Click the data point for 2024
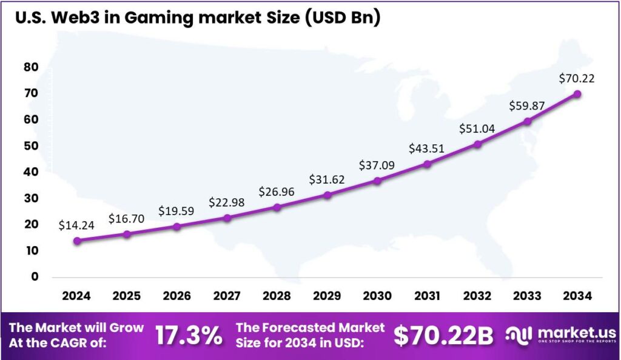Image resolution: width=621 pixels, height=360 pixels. [76, 241]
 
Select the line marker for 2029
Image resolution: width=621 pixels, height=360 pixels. [327, 195]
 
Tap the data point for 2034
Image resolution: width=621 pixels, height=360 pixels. [577, 94]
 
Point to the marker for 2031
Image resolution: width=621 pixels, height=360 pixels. [428, 164]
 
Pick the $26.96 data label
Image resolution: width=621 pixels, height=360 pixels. [277, 192]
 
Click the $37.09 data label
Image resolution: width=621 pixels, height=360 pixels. [377, 164]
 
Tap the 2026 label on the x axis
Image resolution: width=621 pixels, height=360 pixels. [176, 296]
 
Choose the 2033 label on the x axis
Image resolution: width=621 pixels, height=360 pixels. [528, 296]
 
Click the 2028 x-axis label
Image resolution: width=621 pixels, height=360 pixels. [277, 296]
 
